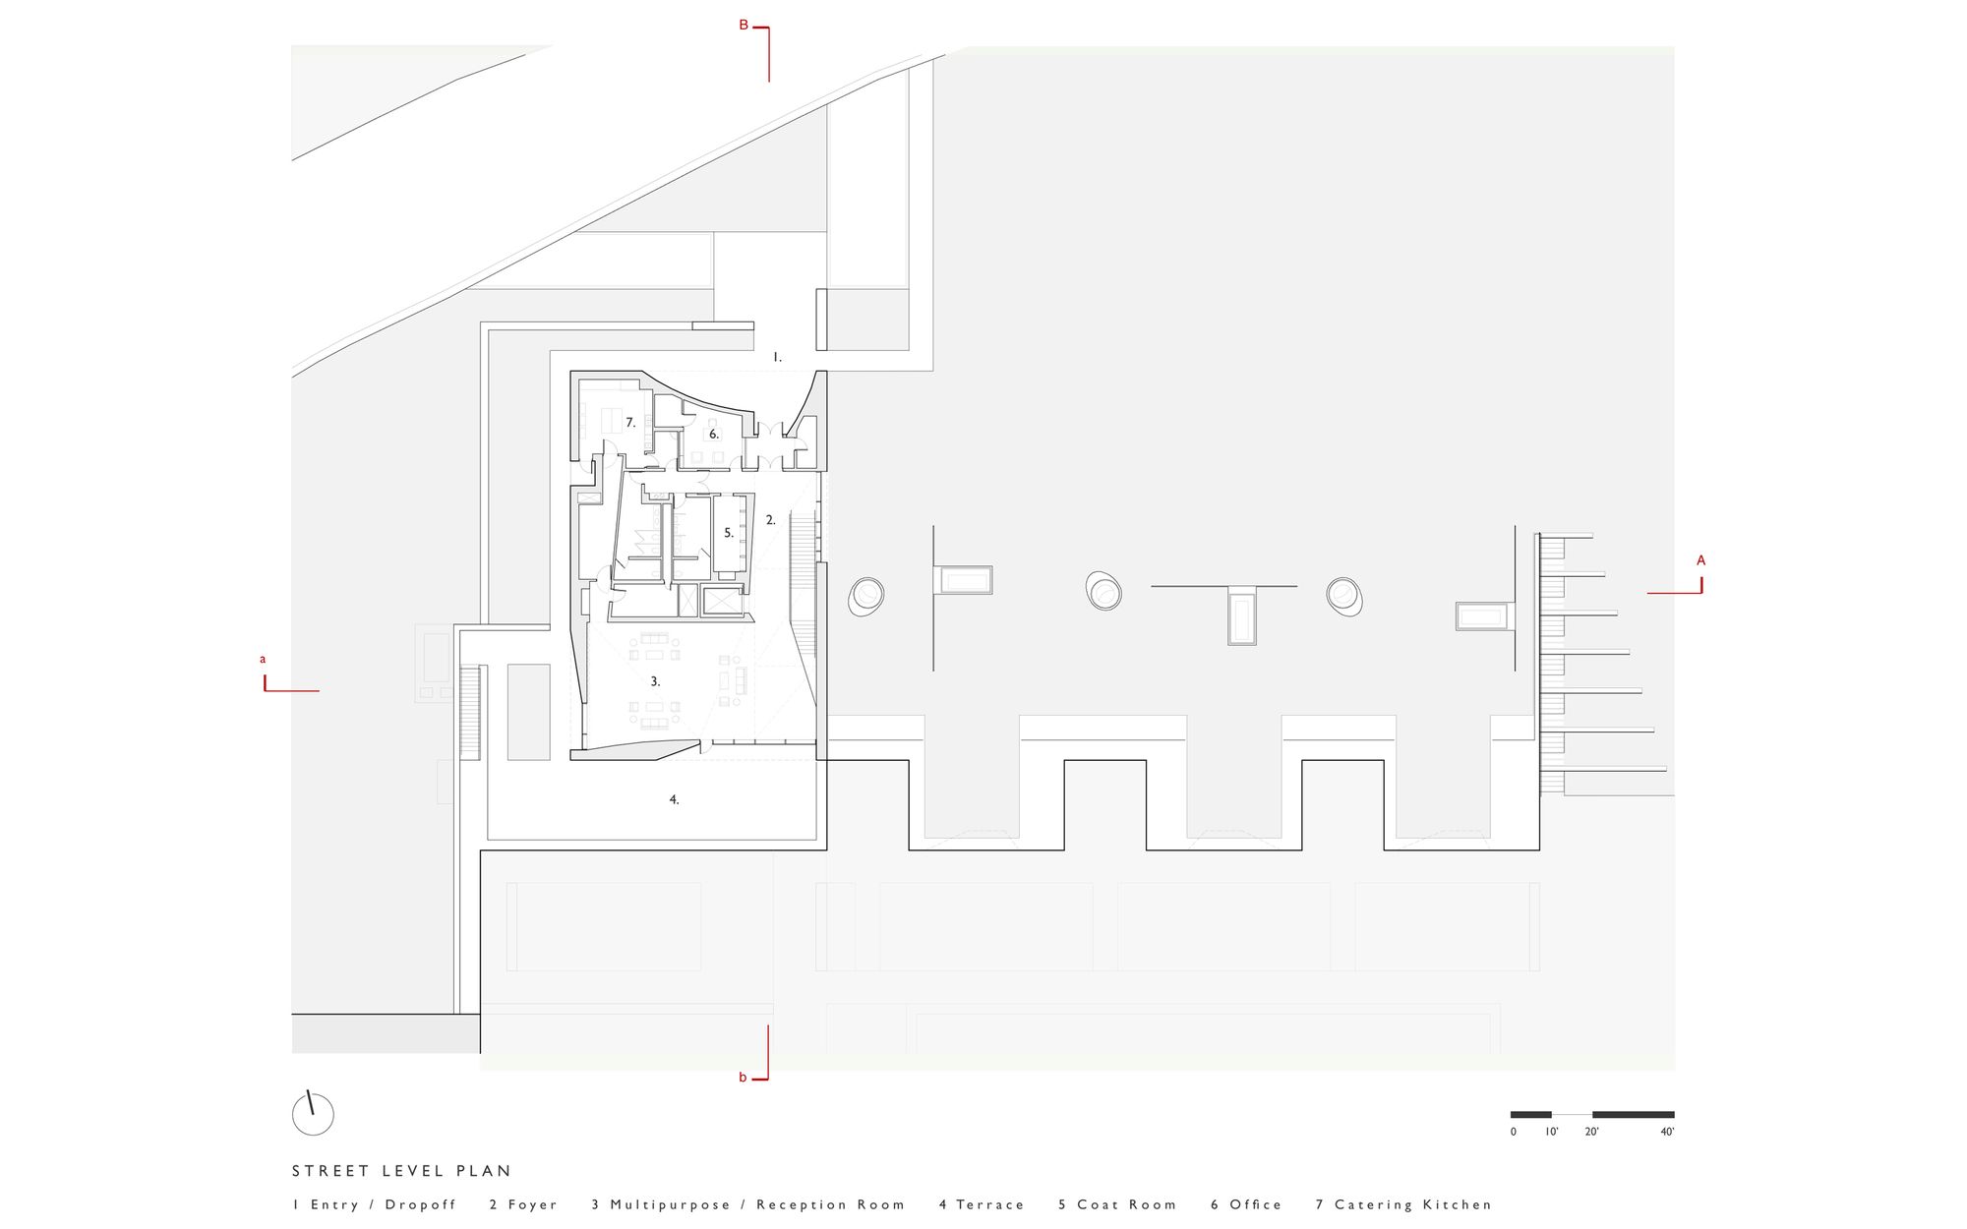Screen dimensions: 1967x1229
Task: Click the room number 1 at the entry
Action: [777, 358]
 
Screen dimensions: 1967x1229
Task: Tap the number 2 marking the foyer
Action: [771, 520]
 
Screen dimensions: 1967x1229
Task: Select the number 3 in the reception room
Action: [655, 681]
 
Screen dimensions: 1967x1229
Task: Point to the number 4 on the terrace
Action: [674, 800]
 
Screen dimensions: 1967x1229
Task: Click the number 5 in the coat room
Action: [729, 533]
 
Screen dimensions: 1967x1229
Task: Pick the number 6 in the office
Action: [714, 434]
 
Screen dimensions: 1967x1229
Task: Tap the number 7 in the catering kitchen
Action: [630, 423]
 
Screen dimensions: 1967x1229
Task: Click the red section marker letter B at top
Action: [744, 26]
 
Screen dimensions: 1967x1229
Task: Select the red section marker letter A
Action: [1701, 560]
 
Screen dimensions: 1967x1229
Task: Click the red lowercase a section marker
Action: [263, 660]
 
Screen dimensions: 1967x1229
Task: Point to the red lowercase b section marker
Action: [744, 1078]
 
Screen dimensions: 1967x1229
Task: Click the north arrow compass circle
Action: [313, 1115]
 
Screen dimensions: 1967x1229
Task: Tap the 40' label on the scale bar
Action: [1667, 1132]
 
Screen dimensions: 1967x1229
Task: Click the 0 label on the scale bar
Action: [1514, 1132]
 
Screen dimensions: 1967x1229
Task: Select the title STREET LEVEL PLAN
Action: [402, 1171]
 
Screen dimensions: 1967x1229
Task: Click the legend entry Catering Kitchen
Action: [1413, 1204]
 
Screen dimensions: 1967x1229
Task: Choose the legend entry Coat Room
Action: [1127, 1204]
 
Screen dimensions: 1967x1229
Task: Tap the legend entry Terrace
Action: [990, 1204]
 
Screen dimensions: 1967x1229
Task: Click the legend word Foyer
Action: [533, 1204]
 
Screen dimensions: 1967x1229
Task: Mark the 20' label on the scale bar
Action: [1591, 1132]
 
